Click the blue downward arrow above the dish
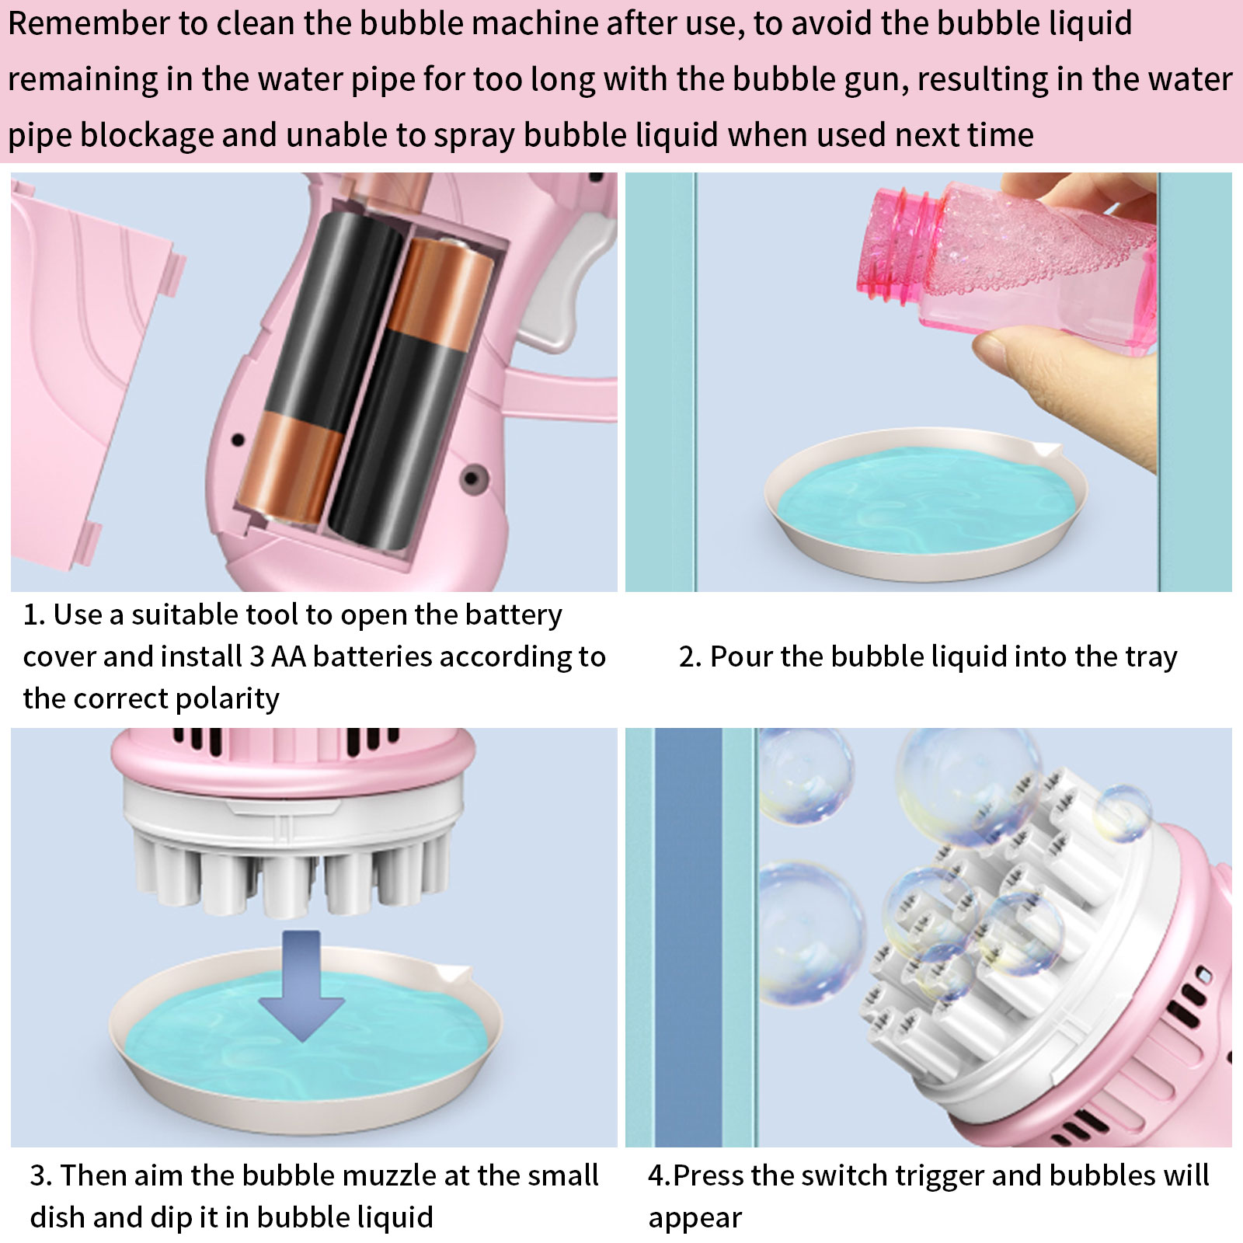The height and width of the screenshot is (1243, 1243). coord(301,984)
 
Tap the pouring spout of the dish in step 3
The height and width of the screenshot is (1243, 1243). coord(453,973)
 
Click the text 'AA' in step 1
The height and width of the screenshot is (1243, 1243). coord(288,657)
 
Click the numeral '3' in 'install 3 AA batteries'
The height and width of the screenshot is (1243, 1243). coord(257,657)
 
